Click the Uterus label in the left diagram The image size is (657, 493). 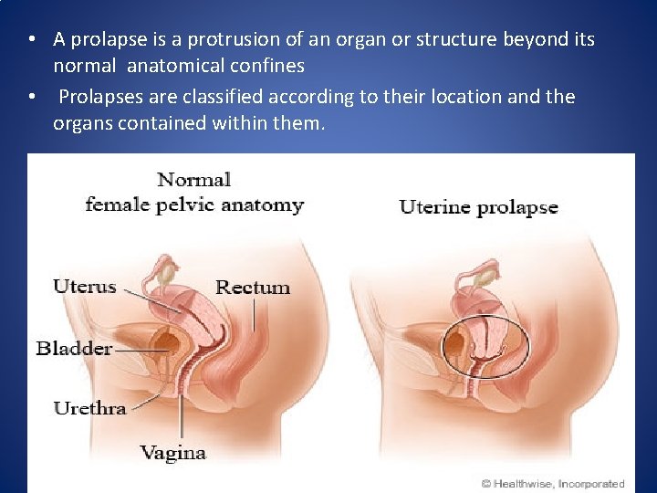tap(84, 286)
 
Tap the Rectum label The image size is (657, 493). tap(253, 288)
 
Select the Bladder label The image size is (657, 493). tap(74, 348)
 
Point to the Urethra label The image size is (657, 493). tap(89, 408)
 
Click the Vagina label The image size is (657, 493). tap(172, 452)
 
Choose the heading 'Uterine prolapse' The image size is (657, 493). tap(478, 206)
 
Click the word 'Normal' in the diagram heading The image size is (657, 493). tap(194, 179)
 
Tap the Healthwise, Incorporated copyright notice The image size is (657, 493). tap(553, 484)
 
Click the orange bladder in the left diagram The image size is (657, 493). tap(168, 341)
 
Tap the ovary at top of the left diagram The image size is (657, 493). tap(167, 271)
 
